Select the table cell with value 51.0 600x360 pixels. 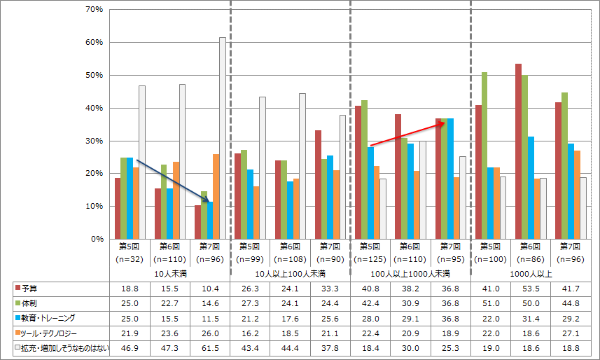(x=489, y=303)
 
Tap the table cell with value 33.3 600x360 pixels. (x=329, y=288)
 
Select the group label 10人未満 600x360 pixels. (x=169, y=273)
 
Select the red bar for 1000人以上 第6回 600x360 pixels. (x=518, y=151)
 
